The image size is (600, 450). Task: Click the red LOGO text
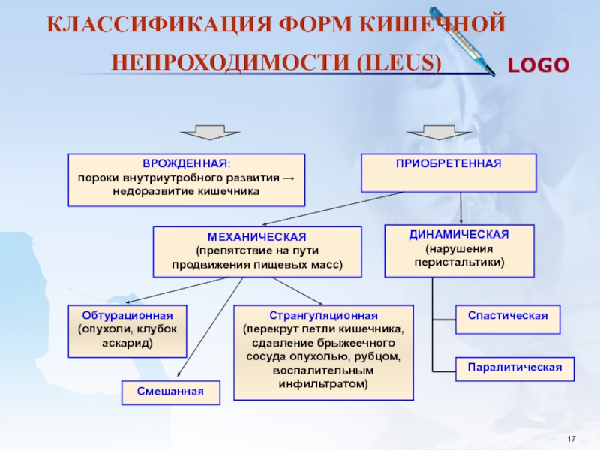[538, 65]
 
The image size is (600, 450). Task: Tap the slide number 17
[571, 439]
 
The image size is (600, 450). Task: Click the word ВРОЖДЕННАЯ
[186, 163]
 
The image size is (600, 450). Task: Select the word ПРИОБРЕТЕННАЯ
[448, 163]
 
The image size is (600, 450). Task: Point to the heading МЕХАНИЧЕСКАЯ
[257, 237]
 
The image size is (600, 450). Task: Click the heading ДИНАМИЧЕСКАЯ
[459, 235]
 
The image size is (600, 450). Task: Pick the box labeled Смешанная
[171, 392]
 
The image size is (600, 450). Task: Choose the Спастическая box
[508, 319]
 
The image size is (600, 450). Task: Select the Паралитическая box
[514, 369]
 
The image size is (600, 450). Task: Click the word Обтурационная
[127, 316]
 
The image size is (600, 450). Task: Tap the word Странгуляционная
[323, 316]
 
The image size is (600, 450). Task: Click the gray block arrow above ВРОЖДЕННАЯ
[210, 133]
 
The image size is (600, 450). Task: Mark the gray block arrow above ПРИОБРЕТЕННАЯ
[439, 133]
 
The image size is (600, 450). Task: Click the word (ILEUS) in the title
[399, 62]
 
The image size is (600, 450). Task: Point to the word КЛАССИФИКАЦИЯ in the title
[159, 25]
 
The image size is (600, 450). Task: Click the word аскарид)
[127, 343]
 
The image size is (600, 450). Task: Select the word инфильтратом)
[323, 384]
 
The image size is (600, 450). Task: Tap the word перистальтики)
[459, 262]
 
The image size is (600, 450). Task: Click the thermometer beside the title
[462, 41]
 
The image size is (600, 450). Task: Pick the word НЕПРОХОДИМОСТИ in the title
[231, 62]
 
